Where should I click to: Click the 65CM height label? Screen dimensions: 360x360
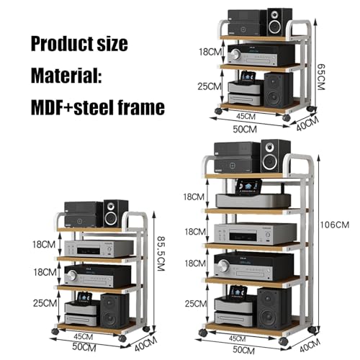(x=321, y=77)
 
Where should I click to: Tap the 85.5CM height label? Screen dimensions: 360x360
(x=161, y=253)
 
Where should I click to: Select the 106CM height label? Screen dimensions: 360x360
(x=335, y=225)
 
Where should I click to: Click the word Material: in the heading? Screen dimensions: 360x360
(x=66, y=76)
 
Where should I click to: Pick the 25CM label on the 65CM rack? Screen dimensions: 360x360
(x=210, y=86)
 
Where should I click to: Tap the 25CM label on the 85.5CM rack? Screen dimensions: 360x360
(x=45, y=303)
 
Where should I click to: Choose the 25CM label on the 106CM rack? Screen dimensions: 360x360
(x=196, y=304)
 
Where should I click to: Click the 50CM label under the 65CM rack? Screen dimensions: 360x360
(x=245, y=129)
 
